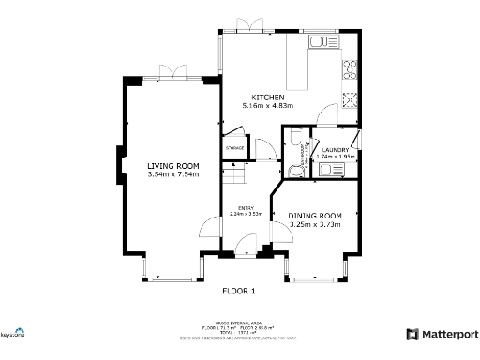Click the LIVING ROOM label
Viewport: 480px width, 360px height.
pyautogui.click(x=172, y=166)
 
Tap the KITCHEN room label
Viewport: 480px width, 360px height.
pyautogui.click(x=267, y=97)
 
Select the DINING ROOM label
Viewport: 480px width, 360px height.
pyautogui.click(x=315, y=216)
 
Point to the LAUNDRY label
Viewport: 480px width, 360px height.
pyautogui.click(x=336, y=150)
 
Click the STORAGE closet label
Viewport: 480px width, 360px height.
pyautogui.click(x=234, y=148)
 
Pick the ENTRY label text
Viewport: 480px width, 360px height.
pyautogui.click(x=246, y=207)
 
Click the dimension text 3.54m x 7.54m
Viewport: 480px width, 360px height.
pyautogui.click(x=172, y=174)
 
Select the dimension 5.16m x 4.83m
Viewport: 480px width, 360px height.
pyautogui.click(x=267, y=106)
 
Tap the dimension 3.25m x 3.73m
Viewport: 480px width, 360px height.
pyautogui.click(x=315, y=225)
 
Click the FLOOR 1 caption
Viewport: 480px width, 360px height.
pyautogui.click(x=238, y=291)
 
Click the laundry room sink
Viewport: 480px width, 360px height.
pyautogui.click(x=331, y=169)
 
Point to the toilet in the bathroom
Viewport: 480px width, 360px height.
pyautogui.click(x=297, y=169)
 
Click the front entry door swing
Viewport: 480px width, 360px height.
pyautogui.click(x=243, y=246)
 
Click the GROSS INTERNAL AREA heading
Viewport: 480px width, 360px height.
pyautogui.click(x=238, y=321)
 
